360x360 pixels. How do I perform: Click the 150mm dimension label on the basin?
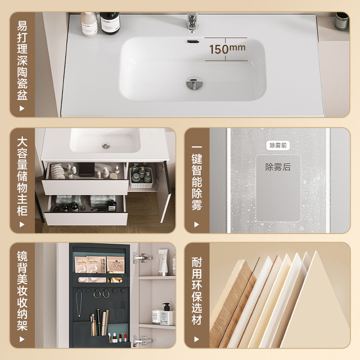tap(227, 49)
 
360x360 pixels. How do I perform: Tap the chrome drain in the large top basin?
tap(195, 83)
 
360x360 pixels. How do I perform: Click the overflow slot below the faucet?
tap(192, 42)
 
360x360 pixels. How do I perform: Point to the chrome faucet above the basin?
tap(192, 22)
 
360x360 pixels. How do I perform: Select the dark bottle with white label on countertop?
tap(110, 23)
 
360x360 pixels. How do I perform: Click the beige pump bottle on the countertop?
tap(89, 24)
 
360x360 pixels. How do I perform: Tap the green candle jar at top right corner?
tap(341, 21)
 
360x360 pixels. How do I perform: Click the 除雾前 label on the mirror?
tap(278, 146)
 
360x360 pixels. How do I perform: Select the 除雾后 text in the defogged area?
tap(278, 167)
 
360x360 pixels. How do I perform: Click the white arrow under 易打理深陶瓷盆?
tap(22, 109)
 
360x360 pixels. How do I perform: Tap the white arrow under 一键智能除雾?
tap(196, 224)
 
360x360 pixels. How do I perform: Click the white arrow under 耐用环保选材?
tap(196, 339)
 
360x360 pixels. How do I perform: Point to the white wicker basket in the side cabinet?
tap(141, 178)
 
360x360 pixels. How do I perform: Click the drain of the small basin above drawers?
tap(106, 146)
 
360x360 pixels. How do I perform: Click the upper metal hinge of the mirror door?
tap(142, 258)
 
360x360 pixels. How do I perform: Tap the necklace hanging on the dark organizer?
tap(79, 303)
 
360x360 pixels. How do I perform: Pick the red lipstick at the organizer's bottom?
tap(125, 337)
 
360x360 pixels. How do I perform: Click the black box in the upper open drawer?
tap(87, 169)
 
